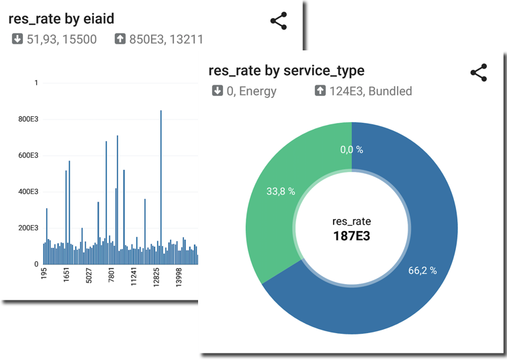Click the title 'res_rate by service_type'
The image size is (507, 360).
coord(287,71)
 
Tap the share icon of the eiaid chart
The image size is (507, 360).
coord(278,21)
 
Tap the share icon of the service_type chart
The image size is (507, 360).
coord(478,73)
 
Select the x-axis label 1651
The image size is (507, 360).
coord(66,278)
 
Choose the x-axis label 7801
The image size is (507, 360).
coord(112,278)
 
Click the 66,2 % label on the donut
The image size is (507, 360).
coord(422,271)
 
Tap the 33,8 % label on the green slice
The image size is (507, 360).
coord(281,191)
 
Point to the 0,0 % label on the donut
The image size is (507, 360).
coord(351,150)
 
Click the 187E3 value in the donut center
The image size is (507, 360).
coord(351,236)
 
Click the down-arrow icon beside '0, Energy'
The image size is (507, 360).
coord(218,91)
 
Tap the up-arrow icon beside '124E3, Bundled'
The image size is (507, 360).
coord(320,91)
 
